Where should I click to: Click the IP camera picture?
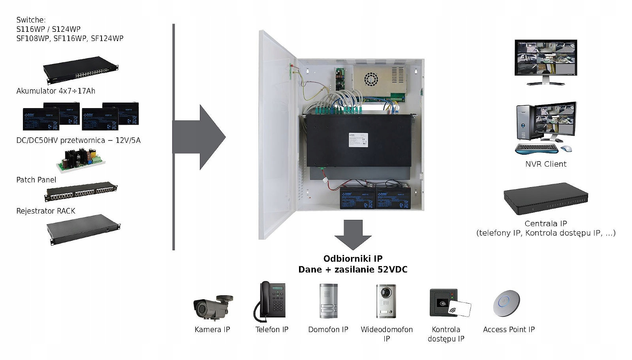tap(213, 306)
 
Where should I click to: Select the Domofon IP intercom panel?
tap(328, 301)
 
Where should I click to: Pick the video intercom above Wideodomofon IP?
tap(386, 301)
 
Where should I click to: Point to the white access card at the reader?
tap(460, 309)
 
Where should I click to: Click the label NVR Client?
tap(545, 164)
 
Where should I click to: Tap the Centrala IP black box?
tap(545, 198)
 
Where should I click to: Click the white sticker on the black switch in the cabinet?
tap(358, 140)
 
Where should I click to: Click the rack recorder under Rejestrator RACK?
tap(83, 229)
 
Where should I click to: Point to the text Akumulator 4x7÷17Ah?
tap(56, 91)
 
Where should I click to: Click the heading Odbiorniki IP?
tap(353, 259)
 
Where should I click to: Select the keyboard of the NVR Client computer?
tap(536, 149)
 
